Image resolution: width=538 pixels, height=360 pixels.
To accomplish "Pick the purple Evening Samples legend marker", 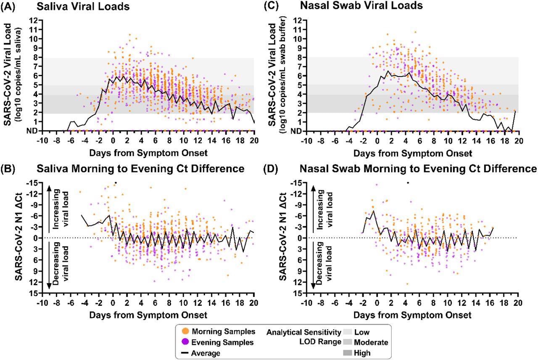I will point(184,342).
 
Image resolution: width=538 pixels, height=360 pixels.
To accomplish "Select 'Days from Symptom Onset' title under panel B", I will point(148,315).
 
